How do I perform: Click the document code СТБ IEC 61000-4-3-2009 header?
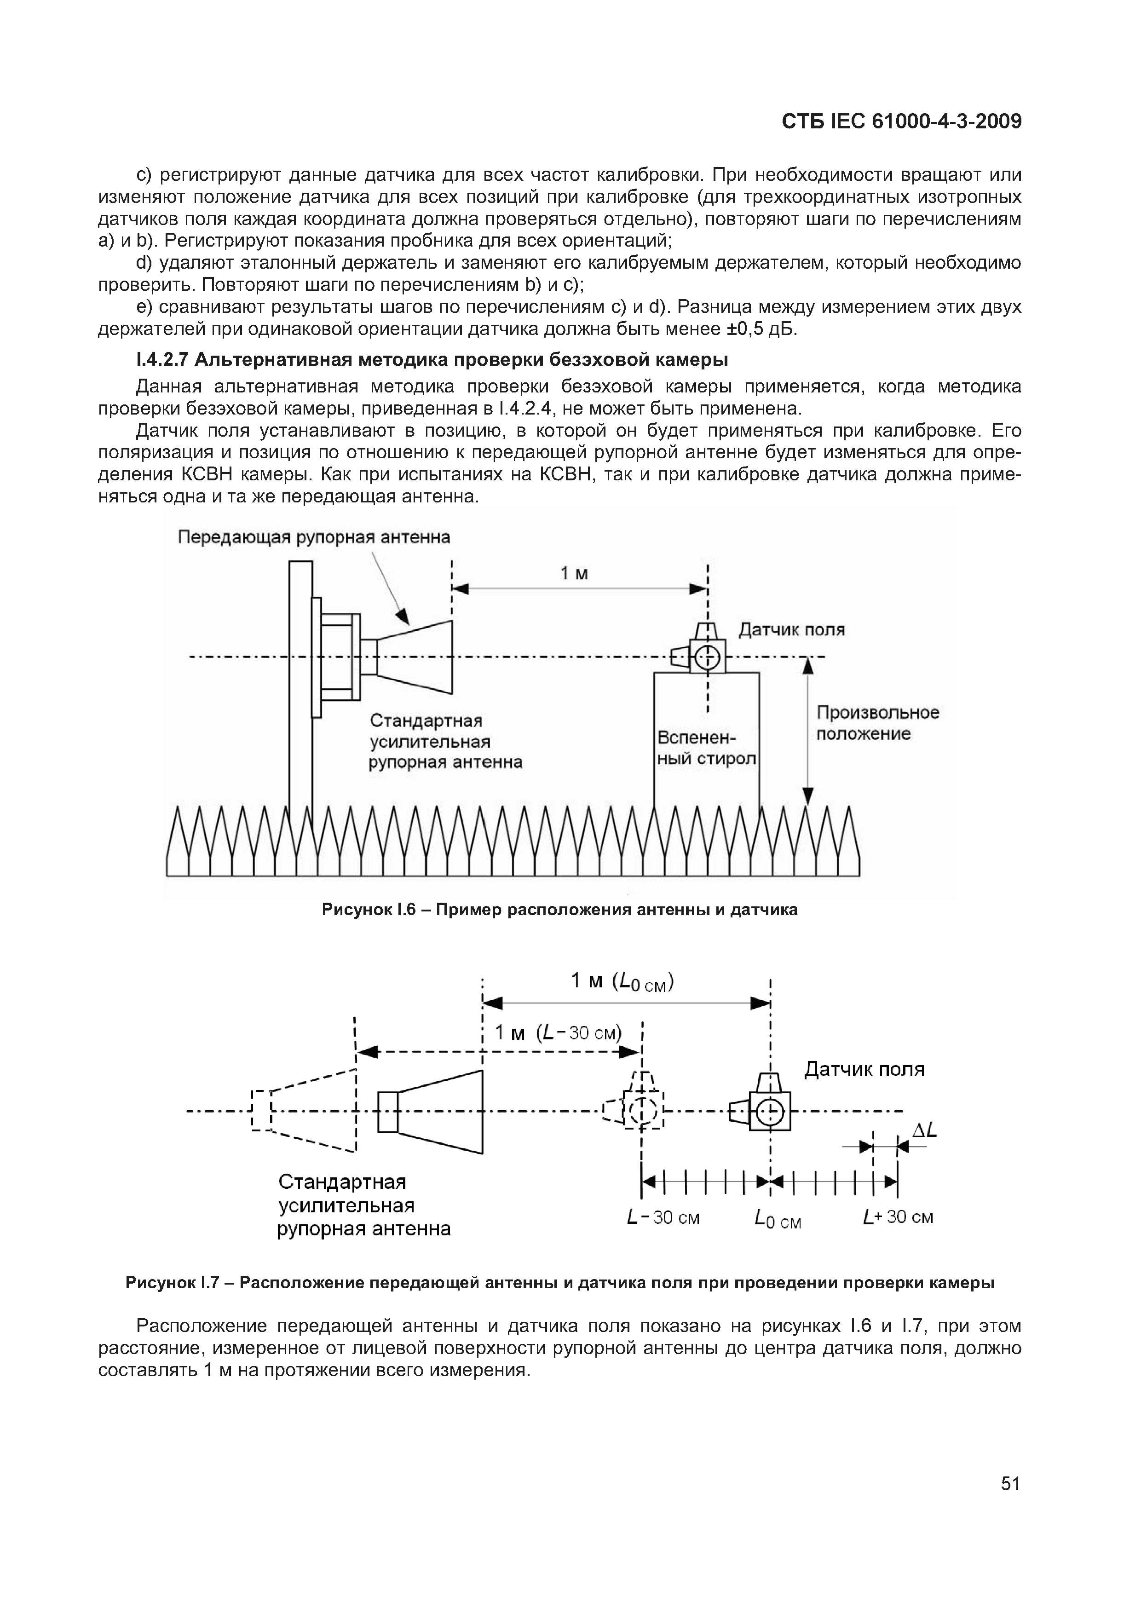coord(901,121)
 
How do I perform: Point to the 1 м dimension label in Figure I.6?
coord(574,574)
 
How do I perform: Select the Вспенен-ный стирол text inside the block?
coord(706,749)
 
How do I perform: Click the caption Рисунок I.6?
coord(559,910)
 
